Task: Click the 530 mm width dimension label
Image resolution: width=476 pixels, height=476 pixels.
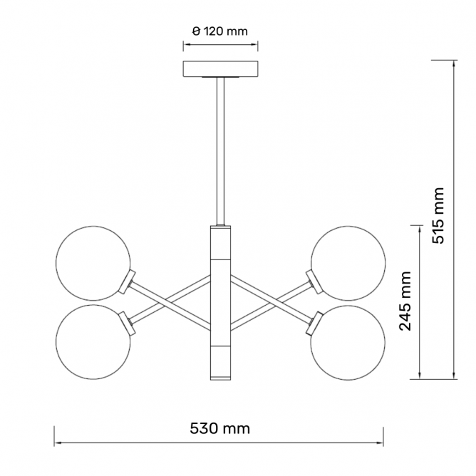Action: (219, 429)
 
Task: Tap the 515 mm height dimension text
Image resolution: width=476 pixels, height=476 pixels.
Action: (438, 215)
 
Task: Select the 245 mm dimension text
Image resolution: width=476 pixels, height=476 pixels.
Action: (405, 301)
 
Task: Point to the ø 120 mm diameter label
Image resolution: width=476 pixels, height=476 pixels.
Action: (220, 31)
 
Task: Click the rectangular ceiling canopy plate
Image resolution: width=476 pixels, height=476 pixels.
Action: (220, 69)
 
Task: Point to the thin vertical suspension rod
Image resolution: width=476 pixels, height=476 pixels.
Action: (220, 151)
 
